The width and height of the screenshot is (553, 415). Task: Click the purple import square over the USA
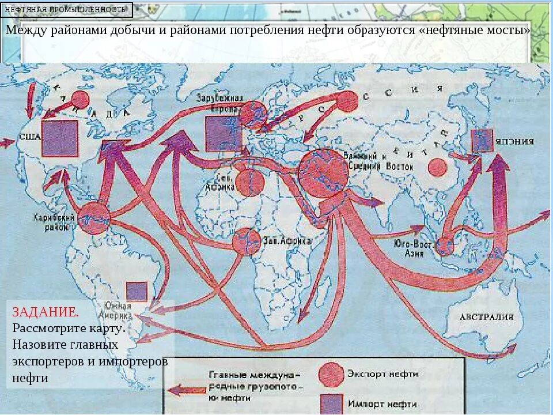point(60,138)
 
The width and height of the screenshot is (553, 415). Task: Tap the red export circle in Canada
point(80,100)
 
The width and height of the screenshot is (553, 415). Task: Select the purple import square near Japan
point(482,141)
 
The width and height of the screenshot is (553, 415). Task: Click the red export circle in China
point(438,168)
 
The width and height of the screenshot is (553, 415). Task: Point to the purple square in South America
point(137,291)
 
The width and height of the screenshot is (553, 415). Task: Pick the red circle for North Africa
point(249,183)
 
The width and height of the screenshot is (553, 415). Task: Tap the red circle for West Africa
point(246,241)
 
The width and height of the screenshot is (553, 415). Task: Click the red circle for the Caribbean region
point(94,218)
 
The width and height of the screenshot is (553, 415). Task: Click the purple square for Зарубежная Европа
point(223,133)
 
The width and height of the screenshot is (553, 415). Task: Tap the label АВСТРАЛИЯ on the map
point(486,316)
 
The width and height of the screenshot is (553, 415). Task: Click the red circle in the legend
point(331,375)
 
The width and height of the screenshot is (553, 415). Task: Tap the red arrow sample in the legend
point(185,390)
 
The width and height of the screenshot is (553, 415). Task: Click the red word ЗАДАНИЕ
point(46,312)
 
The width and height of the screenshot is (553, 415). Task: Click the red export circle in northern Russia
point(347,101)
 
